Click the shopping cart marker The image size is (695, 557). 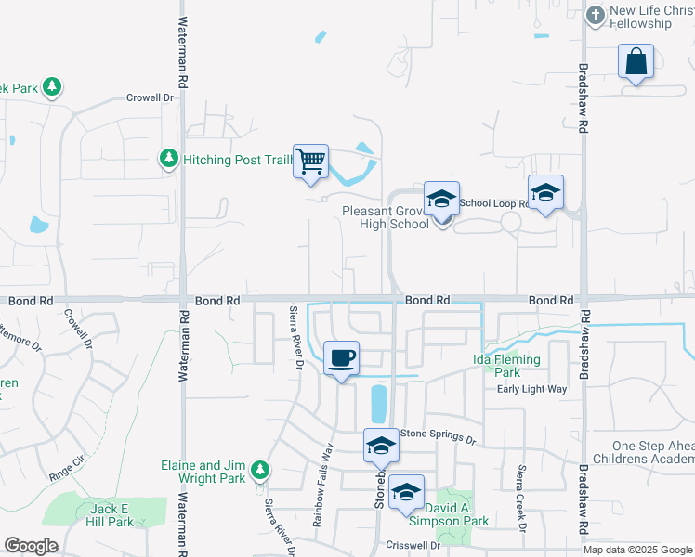click(x=310, y=162)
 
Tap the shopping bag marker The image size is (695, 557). click(x=636, y=61)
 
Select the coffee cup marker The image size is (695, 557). click(x=342, y=357)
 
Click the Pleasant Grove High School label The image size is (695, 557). click(x=386, y=217)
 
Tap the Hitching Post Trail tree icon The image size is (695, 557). click(x=168, y=160)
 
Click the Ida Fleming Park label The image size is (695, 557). click(x=506, y=366)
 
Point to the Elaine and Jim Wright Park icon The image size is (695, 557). click(x=263, y=471)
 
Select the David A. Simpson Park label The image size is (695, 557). click(x=456, y=514)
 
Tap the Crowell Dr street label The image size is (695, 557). click(x=151, y=97)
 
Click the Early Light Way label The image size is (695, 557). click(x=531, y=389)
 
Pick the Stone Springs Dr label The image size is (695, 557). click(x=437, y=435)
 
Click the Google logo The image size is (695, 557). click(x=31, y=546)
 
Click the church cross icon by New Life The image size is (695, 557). click(x=595, y=14)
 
